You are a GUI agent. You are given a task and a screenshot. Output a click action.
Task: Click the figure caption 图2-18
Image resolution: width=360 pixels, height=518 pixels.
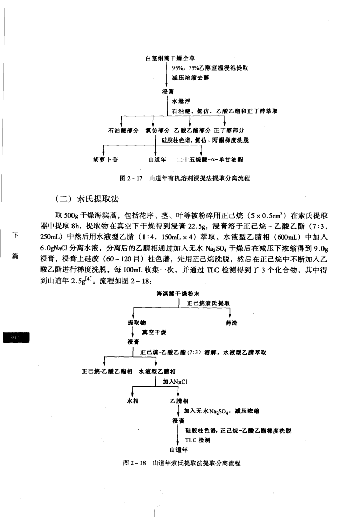181,463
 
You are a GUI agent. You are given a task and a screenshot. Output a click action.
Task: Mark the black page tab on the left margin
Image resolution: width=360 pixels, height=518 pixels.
16,337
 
